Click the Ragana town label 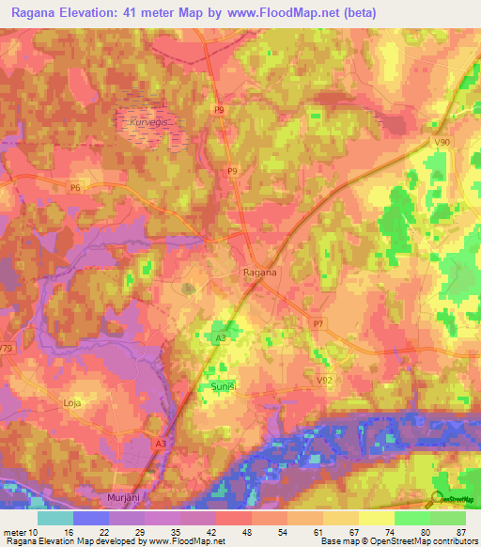click(x=255, y=273)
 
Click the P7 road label click(x=318, y=322)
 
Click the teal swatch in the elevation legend click(x=54, y=518)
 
